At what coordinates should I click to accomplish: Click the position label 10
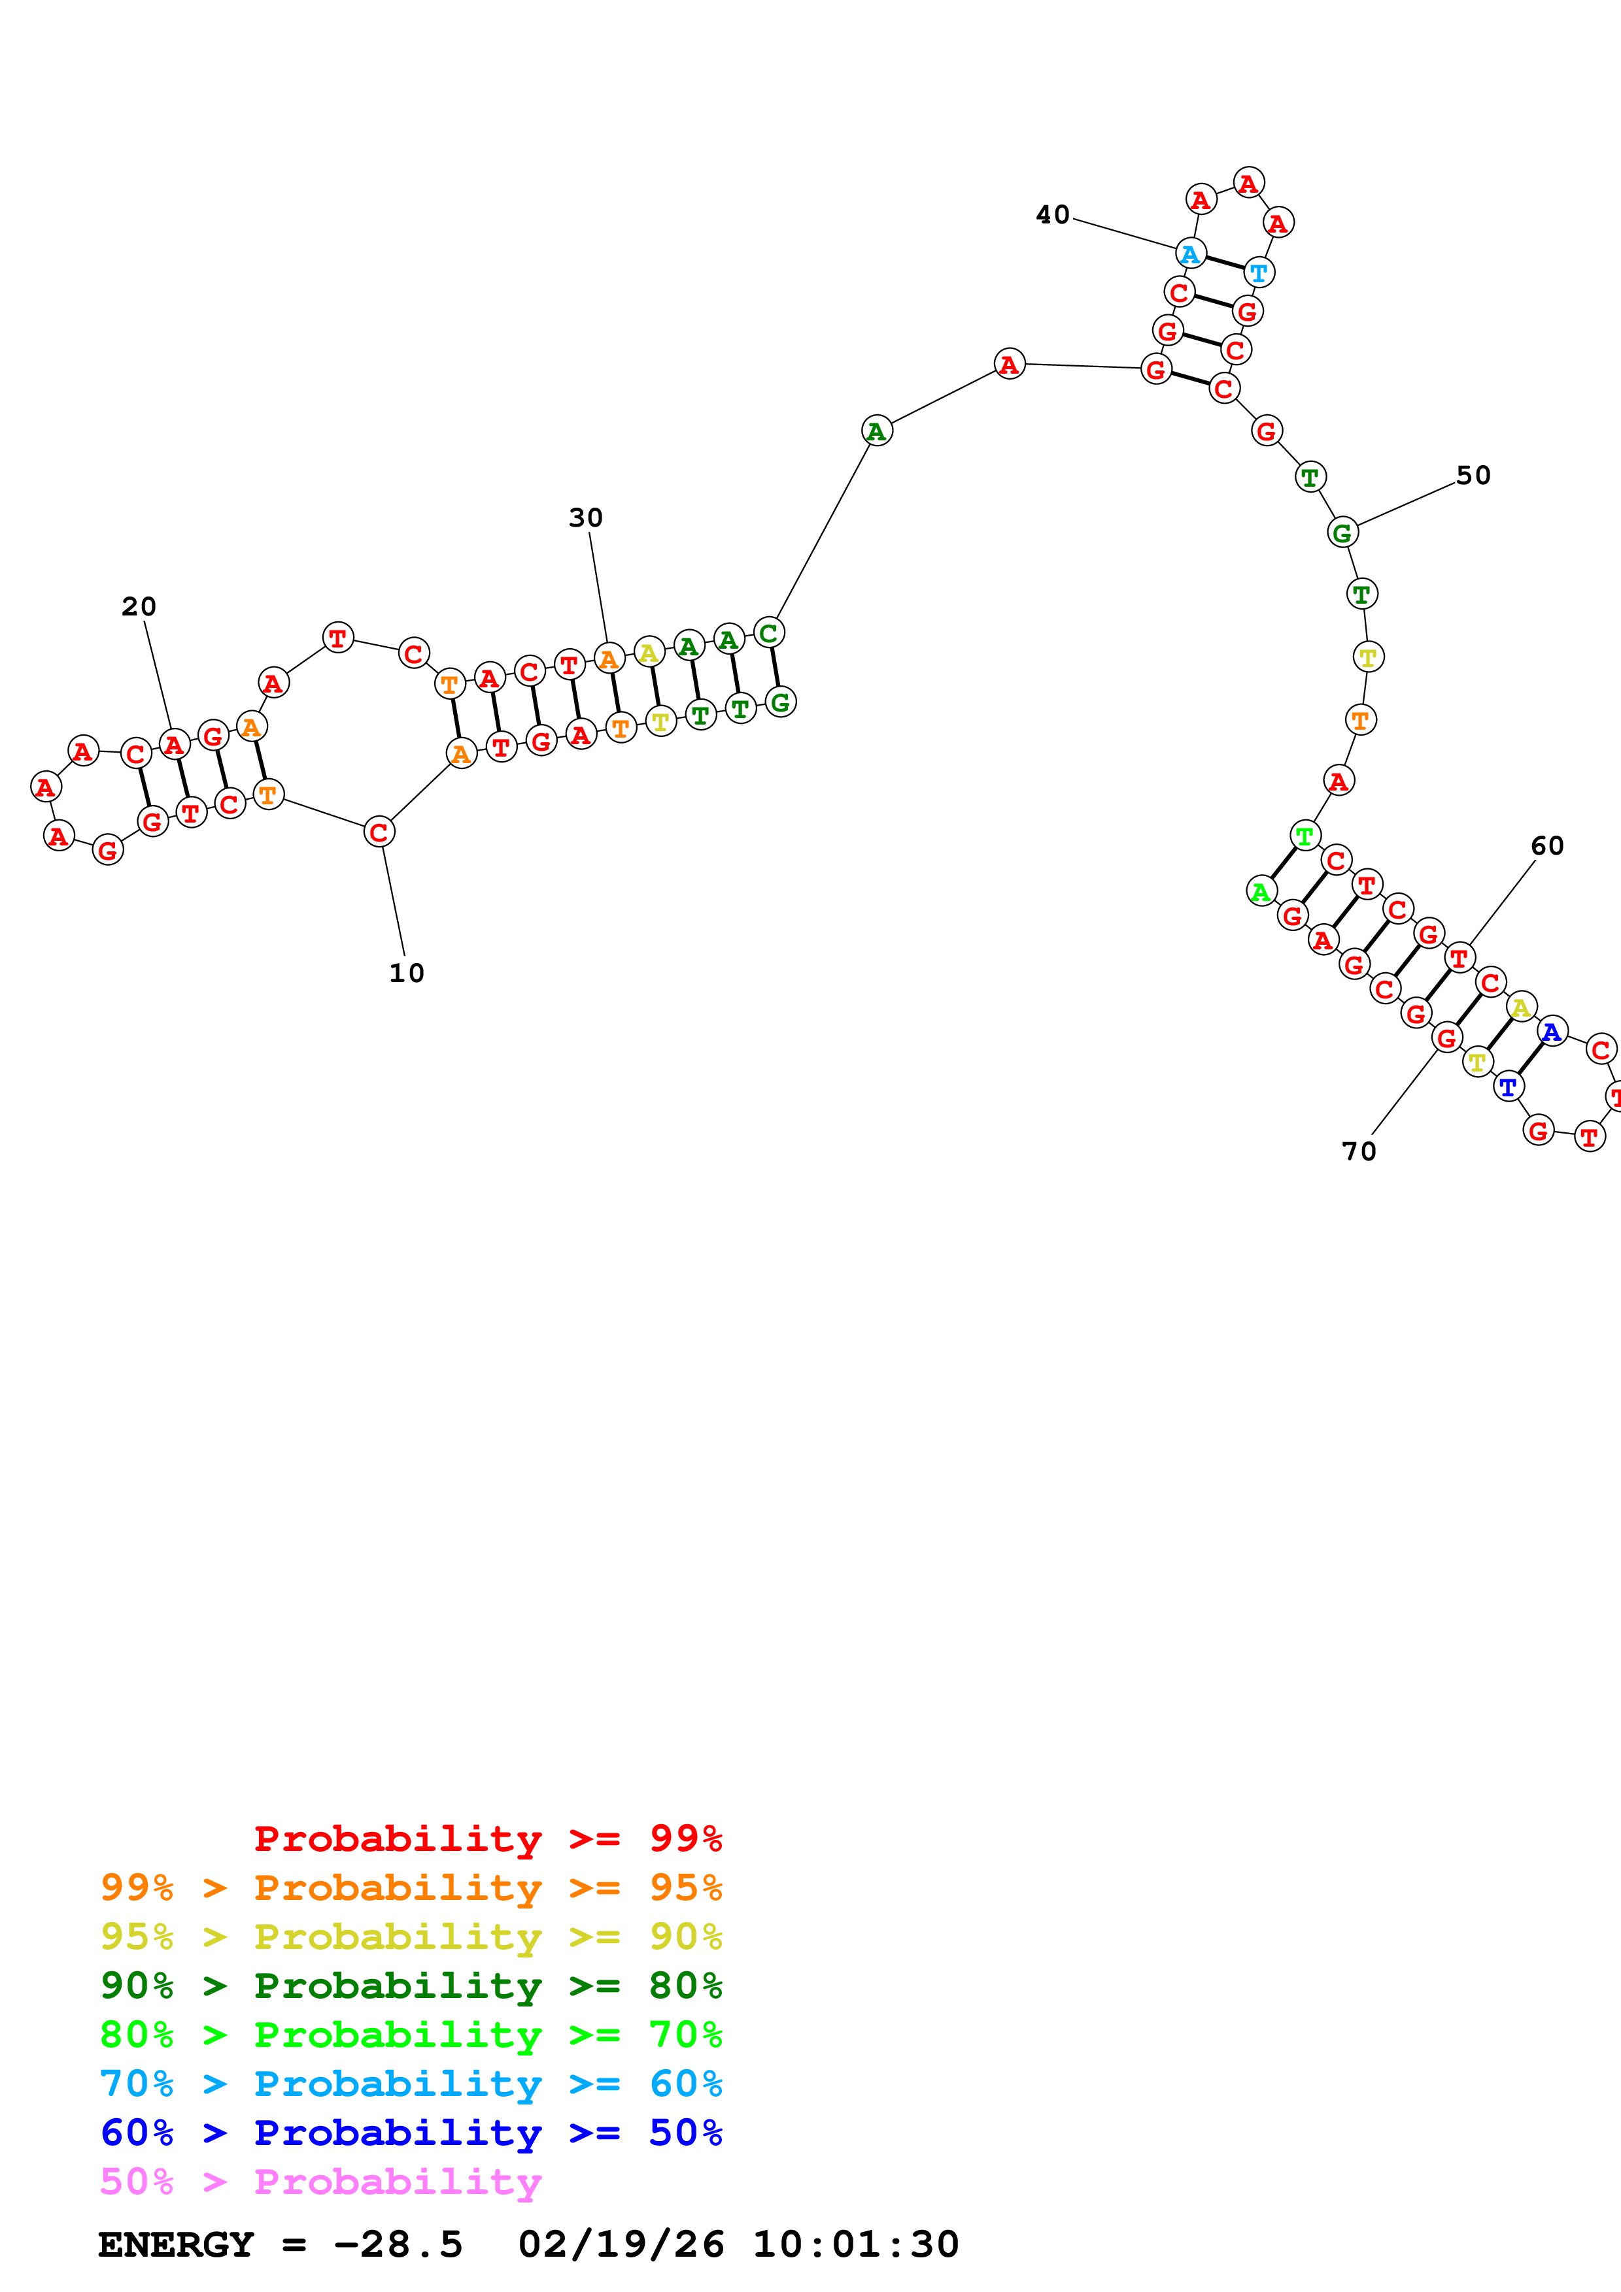(407, 974)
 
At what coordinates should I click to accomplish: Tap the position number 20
(139, 607)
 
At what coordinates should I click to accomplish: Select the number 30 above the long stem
(587, 518)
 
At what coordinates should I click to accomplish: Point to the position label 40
(1053, 214)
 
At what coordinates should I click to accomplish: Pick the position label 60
(1547, 845)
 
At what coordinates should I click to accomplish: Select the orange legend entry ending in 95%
(411, 1888)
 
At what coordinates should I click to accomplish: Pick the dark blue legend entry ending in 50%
(411, 2133)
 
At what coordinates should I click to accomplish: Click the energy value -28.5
(398, 2244)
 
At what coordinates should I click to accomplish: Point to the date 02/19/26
(621, 2244)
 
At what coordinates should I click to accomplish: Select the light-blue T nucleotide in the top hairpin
(1259, 272)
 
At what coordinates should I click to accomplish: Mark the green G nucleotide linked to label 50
(1342, 533)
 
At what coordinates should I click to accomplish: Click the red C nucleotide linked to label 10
(379, 832)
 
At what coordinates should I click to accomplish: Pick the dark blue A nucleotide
(1551, 1031)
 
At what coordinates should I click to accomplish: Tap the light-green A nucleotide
(1261, 891)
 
